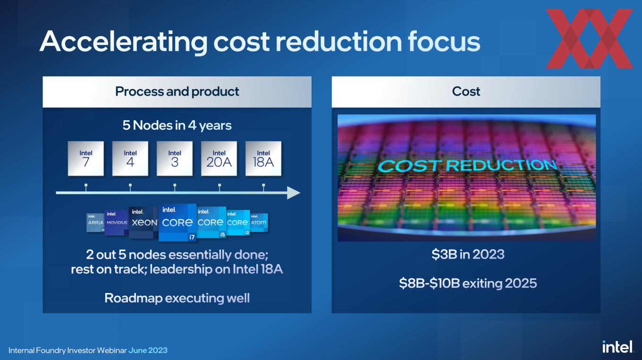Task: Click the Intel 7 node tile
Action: pos(86,159)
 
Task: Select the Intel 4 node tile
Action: pos(130,159)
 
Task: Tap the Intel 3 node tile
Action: pos(175,159)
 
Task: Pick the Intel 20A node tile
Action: pos(219,159)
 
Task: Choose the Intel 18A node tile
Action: pos(263,159)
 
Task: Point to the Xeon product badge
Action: pos(144,222)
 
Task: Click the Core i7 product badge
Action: pos(177,222)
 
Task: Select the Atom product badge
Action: pos(259,222)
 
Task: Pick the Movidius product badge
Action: pos(117,222)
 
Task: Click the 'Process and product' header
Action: pos(177,92)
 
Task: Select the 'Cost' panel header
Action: pos(466,92)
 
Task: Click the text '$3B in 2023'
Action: pos(468,255)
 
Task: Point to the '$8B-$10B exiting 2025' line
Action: pos(468,283)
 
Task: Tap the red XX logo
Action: pos(589,39)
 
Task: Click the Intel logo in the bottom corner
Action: pos(617,347)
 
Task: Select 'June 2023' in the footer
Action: pos(148,351)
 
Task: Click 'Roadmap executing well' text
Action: pos(177,298)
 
